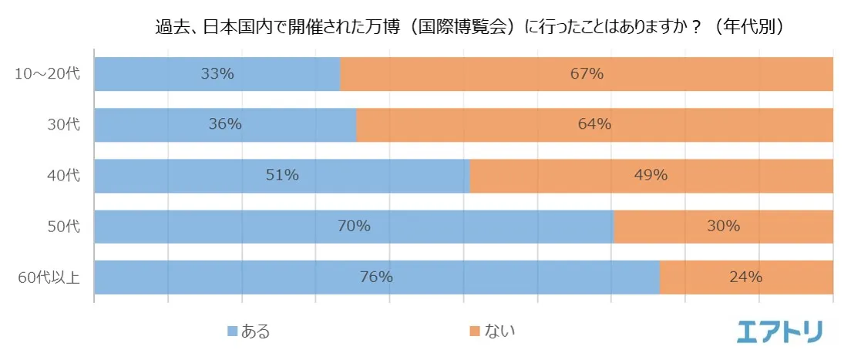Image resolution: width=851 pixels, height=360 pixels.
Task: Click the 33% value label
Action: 217,74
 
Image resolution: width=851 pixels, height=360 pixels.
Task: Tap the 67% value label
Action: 587,74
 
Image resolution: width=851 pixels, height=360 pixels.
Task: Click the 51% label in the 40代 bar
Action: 282,175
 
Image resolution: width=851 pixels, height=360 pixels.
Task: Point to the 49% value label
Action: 651,175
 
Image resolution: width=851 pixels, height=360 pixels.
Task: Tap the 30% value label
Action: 724,226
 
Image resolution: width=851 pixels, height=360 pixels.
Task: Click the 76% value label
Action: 376,277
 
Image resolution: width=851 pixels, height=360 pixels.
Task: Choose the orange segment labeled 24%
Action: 745,277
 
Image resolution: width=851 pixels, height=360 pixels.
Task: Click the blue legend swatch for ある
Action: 231,331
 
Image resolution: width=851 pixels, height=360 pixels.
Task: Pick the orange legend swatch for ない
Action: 475,331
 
